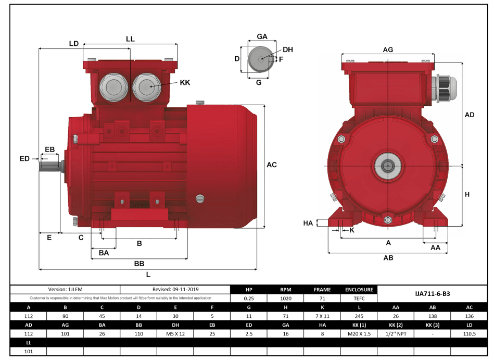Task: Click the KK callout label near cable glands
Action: [x=185, y=82]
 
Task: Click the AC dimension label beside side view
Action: [x=271, y=165]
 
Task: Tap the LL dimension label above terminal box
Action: [x=130, y=39]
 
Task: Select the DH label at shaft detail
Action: [x=288, y=50]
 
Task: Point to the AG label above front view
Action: [x=387, y=49]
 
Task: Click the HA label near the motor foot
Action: [x=308, y=223]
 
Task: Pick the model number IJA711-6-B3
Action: [x=433, y=294]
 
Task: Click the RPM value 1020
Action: [x=285, y=299]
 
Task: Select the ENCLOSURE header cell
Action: [x=359, y=290]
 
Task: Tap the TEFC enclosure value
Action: [x=359, y=299]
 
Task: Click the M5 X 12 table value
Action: [x=175, y=333]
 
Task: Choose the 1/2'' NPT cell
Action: [x=396, y=333]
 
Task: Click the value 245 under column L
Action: [x=359, y=316]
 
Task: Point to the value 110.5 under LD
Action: [x=469, y=333]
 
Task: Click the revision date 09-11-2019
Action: [x=175, y=289]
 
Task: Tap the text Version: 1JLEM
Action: [x=65, y=289]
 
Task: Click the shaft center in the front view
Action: [x=388, y=166]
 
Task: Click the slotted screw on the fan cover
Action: [x=200, y=198]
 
